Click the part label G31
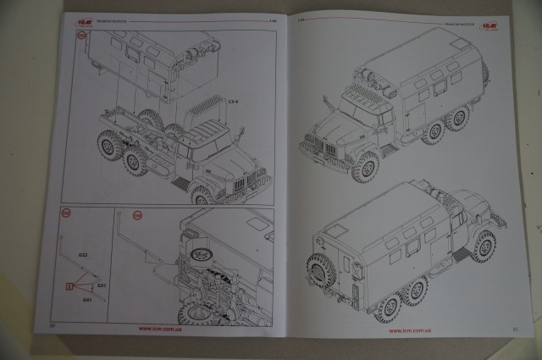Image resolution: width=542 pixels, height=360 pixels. click(x=101, y=285)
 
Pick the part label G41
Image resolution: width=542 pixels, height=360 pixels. click(x=86, y=300)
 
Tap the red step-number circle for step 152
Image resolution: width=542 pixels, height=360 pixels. click(x=82, y=36)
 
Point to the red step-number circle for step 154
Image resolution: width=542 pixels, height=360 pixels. click(x=138, y=216)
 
